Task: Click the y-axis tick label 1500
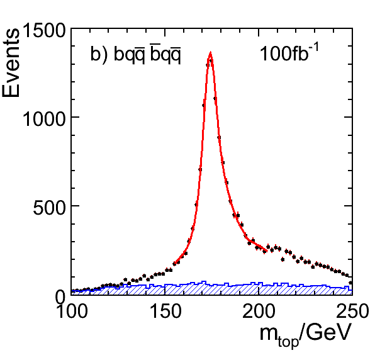pyautogui.click(x=44, y=30)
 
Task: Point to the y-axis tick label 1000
pyautogui.click(x=44, y=119)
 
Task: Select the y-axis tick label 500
pyautogui.click(x=49, y=208)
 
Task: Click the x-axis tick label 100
pyautogui.click(x=72, y=311)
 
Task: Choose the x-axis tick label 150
pyautogui.click(x=165, y=311)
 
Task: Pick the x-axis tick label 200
pyautogui.click(x=259, y=311)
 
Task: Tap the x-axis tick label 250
pyautogui.click(x=352, y=311)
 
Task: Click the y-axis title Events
pyautogui.click(x=11, y=63)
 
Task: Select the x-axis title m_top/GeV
pyautogui.click(x=305, y=334)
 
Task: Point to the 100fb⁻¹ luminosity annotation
pyautogui.click(x=289, y=52)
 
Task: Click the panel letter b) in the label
pyautogui.click(x=99, y=55)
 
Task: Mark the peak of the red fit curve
pyautogui.click(x=210, y=53)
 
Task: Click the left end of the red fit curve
pyautogui.click(x=174, y=264)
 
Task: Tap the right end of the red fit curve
pyautogui.click(x=266, y=251)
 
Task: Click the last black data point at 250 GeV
pyautogui.click(x=350, y=283)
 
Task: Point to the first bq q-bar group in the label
pyautogui.click(x=130, y=55)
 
